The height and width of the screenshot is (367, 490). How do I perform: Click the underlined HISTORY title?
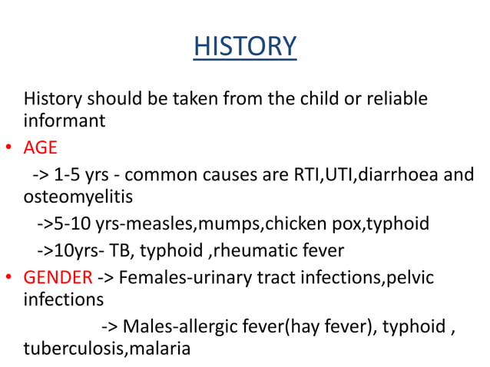(x=244, y=46)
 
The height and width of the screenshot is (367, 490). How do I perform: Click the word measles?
(x=175, y=224)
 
